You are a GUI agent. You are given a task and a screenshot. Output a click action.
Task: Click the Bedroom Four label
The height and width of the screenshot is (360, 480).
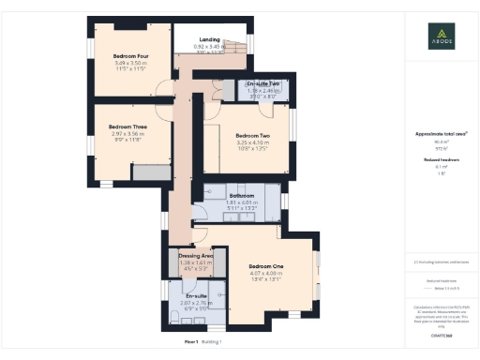131,55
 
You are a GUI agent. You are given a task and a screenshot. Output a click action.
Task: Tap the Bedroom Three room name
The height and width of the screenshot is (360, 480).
127,127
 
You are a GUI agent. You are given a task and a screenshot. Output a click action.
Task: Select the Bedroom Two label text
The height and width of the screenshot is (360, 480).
252,135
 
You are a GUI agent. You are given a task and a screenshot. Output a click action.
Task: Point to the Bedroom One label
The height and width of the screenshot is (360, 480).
265,266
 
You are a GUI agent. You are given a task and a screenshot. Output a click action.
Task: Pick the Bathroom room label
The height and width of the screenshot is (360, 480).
242,195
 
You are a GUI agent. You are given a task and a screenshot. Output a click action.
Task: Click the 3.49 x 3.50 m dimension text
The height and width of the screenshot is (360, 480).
131,63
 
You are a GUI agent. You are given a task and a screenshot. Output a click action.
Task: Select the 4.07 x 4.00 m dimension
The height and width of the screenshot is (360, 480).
265,274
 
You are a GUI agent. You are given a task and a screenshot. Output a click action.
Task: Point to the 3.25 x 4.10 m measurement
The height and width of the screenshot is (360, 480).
252,142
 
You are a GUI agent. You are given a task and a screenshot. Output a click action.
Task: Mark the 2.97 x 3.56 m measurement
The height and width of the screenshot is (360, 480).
127,134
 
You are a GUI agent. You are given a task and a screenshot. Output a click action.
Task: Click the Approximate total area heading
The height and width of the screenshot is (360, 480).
441,134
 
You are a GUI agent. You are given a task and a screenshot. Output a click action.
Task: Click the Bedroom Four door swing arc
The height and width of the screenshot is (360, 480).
164,90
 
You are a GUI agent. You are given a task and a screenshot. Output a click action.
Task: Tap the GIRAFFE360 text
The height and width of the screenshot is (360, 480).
441,333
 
